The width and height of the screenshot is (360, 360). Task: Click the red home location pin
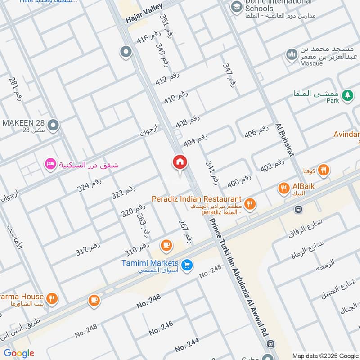pos(180,162)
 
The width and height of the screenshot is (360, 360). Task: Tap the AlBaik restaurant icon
pos(283,189)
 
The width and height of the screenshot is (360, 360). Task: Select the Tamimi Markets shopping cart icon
pos(188,266)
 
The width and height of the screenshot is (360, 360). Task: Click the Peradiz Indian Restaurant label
pos(196,199)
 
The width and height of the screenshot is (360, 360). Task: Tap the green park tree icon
pos(346,95)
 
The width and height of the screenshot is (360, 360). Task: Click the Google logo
pos(19,353)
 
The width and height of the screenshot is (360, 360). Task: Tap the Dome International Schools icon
pos(236,7)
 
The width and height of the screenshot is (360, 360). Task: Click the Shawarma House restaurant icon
pos(53,297)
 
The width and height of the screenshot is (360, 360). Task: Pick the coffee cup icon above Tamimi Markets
pos(166,245)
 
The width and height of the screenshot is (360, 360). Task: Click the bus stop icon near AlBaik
pos(298,209)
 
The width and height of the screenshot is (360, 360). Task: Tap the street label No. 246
pos(161,328)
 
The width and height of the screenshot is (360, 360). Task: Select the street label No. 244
pos(187,345)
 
